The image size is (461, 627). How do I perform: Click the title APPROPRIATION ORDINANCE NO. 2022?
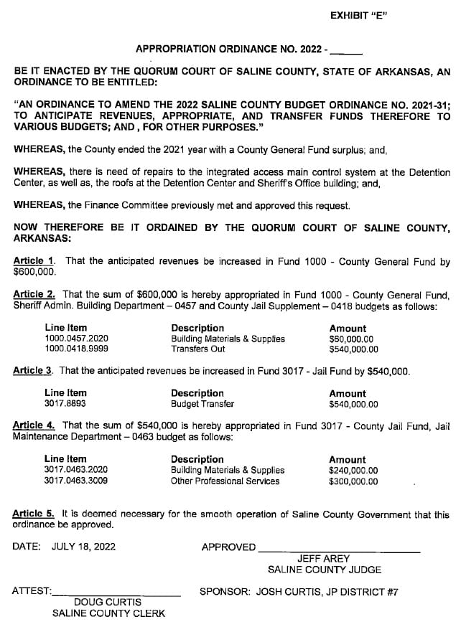[230, 49]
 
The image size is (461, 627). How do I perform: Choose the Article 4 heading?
[34, 425]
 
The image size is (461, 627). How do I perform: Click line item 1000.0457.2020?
[76, 339]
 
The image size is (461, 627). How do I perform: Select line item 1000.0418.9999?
[76, 349]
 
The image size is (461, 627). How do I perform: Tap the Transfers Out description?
[197, 349]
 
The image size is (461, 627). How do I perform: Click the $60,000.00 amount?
[351, 339]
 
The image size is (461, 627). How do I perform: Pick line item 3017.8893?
[65, 404]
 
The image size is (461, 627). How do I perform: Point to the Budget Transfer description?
[202, 404]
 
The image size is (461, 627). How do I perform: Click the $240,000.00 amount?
[353, 471]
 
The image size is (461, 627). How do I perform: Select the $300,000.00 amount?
[353, 481]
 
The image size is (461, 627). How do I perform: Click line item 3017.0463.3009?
[76, 481]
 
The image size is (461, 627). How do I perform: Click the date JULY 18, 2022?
[83, 547]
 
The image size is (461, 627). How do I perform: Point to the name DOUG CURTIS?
[108, 602]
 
